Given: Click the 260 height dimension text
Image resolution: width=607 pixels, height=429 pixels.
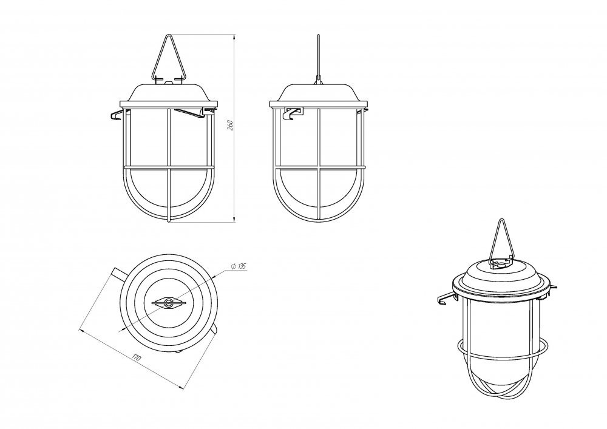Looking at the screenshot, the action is [229, 125].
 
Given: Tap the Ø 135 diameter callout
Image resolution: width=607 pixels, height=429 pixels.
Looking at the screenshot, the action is [238, 266].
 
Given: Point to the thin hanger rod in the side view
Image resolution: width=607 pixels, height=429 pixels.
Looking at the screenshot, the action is [318, 58].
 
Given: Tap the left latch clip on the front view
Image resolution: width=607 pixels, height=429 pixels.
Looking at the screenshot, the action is [117, 115].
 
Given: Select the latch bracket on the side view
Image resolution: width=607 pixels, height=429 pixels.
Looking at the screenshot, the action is [293, 113].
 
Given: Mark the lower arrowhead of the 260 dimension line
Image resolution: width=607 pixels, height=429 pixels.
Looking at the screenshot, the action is [234, 219].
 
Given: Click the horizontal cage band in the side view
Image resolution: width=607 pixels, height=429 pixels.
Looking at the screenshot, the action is [319, 167].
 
